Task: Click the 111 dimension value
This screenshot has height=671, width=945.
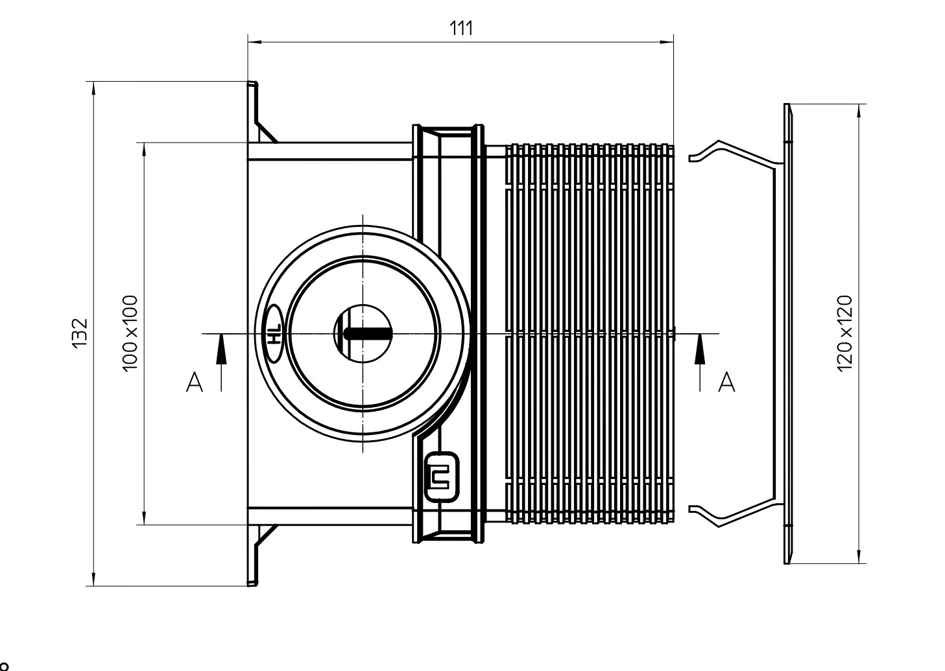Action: [461, 29]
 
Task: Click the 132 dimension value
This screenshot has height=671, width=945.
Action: [80, 333]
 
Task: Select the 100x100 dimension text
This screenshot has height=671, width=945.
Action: [130, 334]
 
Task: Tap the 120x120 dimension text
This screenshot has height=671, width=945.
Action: [844, 334]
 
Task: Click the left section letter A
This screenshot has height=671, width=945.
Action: [195, 382]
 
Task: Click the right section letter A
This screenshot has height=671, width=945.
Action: [726, 382]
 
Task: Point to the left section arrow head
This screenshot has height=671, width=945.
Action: [221, 349]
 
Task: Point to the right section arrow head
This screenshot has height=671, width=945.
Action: [700, 349]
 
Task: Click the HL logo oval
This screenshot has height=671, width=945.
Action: [274, 334]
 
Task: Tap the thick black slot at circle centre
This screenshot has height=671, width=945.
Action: [368, 334]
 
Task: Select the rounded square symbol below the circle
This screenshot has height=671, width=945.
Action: [441, 477]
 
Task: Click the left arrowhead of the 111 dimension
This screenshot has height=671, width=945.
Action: [254, 42]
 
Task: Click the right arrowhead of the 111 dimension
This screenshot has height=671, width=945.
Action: [667, 42]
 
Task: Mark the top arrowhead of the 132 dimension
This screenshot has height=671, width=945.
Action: [93, 88]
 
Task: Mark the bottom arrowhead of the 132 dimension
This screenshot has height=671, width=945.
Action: [93, 579]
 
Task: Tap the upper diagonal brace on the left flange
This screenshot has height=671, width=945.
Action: [267, 132]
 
